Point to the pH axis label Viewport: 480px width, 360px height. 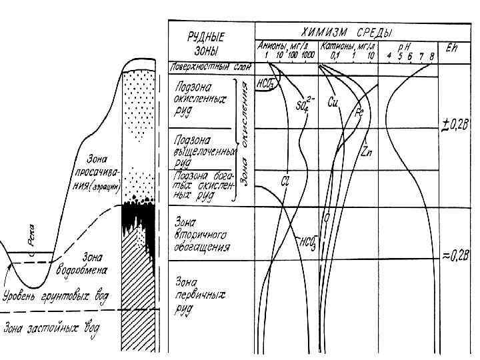[406, 47]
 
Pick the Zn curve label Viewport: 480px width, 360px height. [367, 151]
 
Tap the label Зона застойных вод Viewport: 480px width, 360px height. [49, 328]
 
